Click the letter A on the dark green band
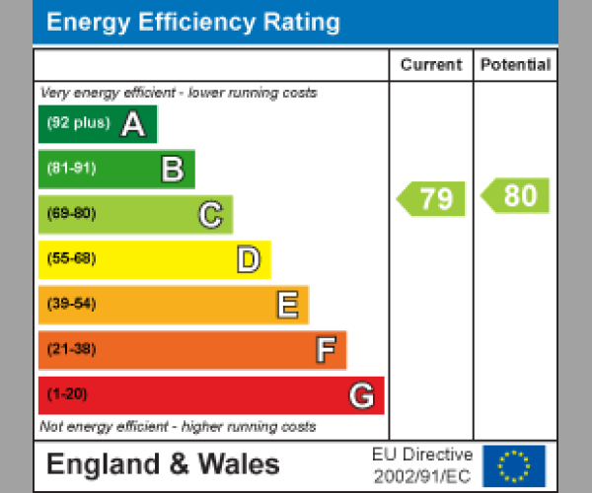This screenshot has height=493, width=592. coord(133,124)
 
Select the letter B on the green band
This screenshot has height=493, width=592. coord(172,170)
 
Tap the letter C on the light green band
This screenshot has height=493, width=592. coord(210,214)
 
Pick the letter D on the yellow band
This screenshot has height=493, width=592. coord(249,260)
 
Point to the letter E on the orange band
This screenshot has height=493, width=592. coord(287,305)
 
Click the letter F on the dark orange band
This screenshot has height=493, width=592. coord(325,350)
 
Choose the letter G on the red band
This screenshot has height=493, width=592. coord(362,395)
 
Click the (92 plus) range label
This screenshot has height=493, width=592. coord(78,124)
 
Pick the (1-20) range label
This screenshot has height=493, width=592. coord(67,394)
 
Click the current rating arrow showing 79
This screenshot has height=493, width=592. coord(431,198)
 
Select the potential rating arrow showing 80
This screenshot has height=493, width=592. coord(516,195)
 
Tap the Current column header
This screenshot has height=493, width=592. coord(430,65)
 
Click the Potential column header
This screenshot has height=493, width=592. coord(515,65)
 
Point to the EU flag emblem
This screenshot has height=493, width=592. coord(513,464)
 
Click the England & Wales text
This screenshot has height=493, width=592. coord(163,464)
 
